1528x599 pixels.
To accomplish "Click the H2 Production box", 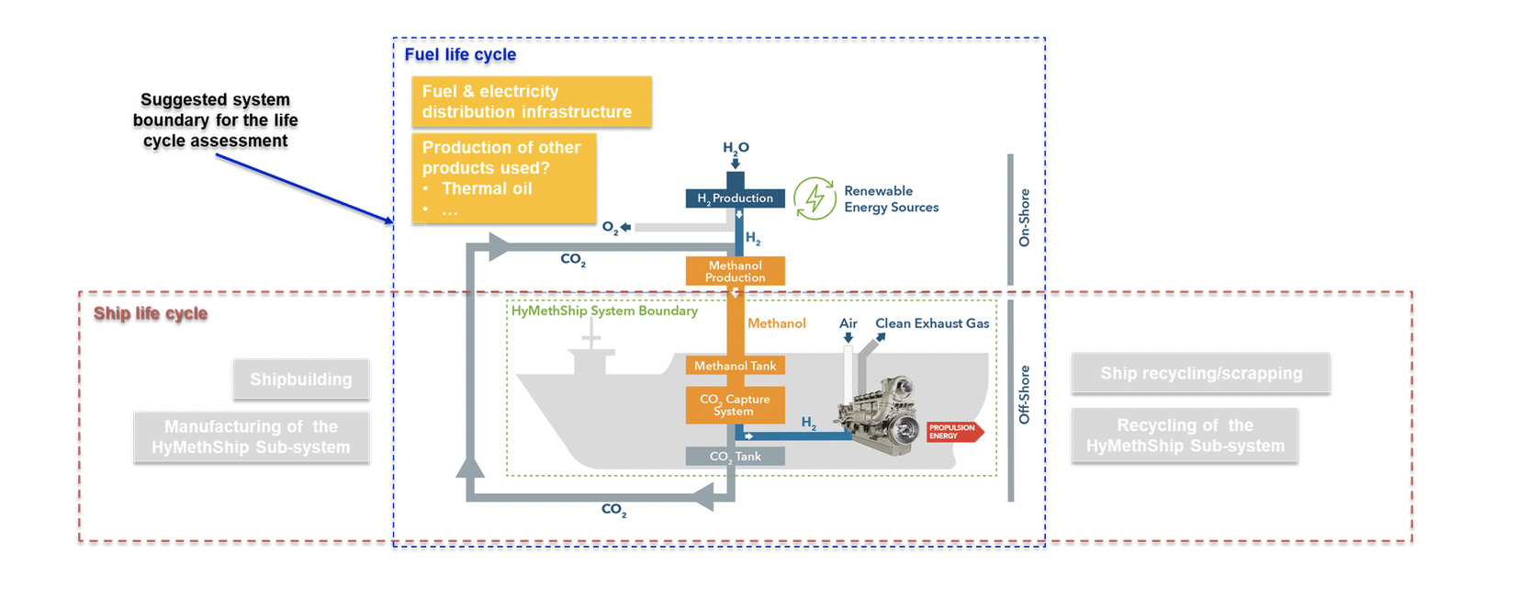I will coord(735,198).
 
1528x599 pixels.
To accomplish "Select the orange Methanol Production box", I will coord(735,271).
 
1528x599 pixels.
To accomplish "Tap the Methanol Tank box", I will coord(735,366).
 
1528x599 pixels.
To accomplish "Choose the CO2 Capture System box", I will coord(735,405).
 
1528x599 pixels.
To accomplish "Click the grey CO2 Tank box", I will coord(735,457).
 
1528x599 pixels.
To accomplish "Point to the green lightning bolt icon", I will coord(814,198).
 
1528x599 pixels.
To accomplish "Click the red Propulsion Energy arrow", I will coord(954,432).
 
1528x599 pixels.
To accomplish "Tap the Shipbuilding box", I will coord(301,379).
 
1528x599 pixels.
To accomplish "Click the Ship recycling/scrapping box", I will coord(1200,373).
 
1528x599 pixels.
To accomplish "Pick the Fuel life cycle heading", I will coord(460,54).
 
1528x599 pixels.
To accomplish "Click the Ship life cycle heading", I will coord(151,313).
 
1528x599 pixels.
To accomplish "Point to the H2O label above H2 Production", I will coord(736,148).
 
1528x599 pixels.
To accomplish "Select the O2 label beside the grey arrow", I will coord(611,228).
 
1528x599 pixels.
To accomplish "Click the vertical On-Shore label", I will coord(1025,218).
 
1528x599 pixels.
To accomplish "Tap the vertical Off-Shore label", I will coord(1025,395).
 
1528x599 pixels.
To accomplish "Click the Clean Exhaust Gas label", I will coord(932,323).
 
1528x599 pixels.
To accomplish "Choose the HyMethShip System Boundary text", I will coord(604,311).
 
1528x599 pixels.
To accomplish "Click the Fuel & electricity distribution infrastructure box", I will coord(532,102).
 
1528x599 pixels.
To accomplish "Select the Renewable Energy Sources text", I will coord(891,199).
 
